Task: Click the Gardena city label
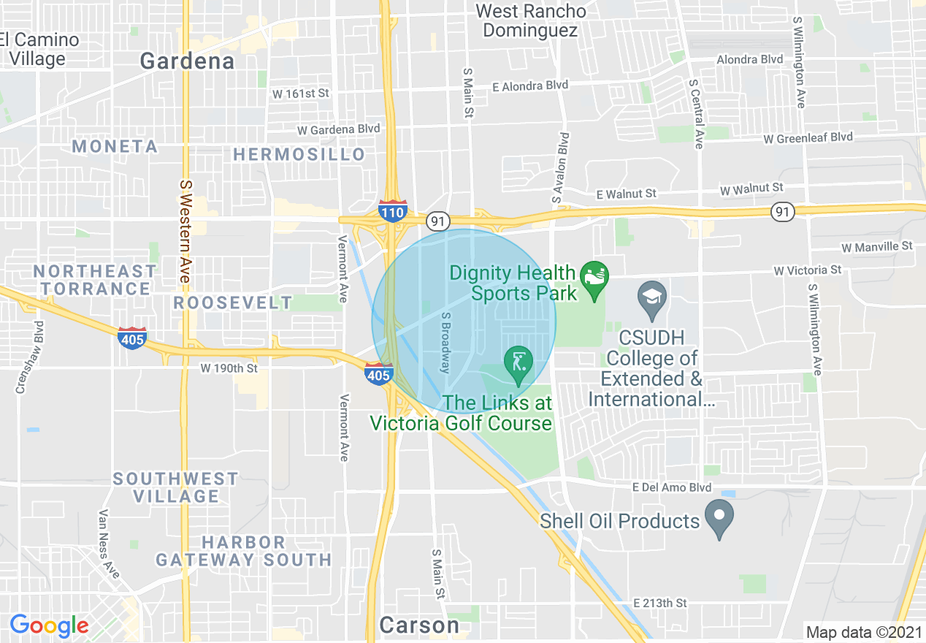[x=187, y=61]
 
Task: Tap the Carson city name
[x=419, y=625]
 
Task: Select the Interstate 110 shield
[x=393, y=211]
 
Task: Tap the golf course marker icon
[x=519, y=364]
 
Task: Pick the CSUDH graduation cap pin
[x=651, y=300]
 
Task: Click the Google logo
[x=49, y=625]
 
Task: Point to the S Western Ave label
[x=185, y=232]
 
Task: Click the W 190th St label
[x=229, y=368]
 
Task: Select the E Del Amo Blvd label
[x=672, y=487]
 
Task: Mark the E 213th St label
[x=660, y=603]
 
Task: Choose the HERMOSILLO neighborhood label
[x=299, y=155]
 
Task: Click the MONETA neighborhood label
[x=115, y=147]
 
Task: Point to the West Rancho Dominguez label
[x=530, y=21]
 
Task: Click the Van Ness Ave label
[x=109, y=544]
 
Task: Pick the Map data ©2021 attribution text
[x=864, y=632]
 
